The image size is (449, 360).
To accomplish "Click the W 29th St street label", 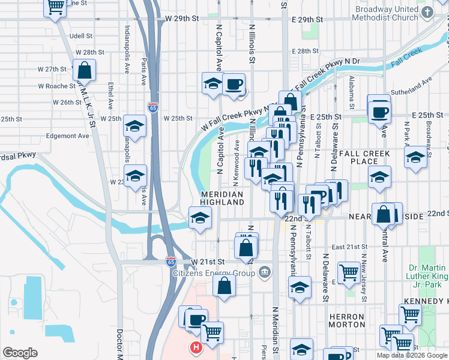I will [178, 19].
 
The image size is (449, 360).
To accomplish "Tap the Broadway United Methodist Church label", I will [394, 13].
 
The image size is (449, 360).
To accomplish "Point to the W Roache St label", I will [56, 86].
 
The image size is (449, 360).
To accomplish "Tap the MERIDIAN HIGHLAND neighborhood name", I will [222, 199].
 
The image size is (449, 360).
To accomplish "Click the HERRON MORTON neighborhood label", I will [346, 320].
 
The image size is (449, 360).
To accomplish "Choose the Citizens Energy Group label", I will [214, 274].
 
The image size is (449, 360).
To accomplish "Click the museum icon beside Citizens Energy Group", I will [265, 274].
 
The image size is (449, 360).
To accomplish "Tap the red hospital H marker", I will [196, 347].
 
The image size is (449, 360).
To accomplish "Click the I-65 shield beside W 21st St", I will [171, 262].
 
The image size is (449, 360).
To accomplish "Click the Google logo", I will [20, 353].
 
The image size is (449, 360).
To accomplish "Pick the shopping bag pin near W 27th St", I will [85, 71].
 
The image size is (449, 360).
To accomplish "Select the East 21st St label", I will [349, 247].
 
